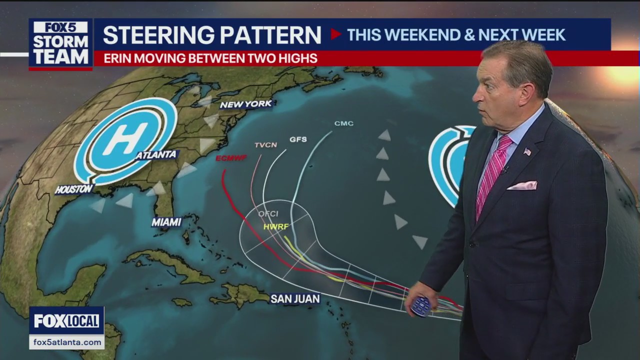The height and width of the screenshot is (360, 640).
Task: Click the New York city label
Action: pyautogui.click(x=246, y=104)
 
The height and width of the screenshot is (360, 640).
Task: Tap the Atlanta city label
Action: pyautogui.click(x=156, y=155)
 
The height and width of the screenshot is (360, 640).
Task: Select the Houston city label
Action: pyautogui.click(x=74, y=189)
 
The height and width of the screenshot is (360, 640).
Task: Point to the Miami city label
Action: pyautogui.click(x=166, y=222)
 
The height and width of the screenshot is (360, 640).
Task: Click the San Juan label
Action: pyautogui.click(x=295, y=299)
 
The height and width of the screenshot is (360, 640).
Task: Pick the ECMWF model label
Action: pyautogui.click(x=231, y=158)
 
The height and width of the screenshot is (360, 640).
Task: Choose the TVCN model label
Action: pyautogui.click(x=265, y=145)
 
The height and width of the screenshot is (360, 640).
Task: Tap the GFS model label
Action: pyautogui.click(x=298, y=139)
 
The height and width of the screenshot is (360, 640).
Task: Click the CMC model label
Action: pyautogui.click(x=344, y=123)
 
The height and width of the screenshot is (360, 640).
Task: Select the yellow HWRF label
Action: pyautogui.click(x=276, y=226)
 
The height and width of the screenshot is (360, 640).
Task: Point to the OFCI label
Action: pyautogui.click(x=268, y=214)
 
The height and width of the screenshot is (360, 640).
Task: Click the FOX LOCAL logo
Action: pyautogui.click(x=66, y=321)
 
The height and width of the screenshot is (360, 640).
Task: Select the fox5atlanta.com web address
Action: pyautogui.click(x=66, y=342)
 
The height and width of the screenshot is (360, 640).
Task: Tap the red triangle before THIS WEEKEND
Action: pyautogui.click(x=335, y=34)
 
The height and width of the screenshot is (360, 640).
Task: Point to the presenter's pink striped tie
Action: pyautogui.click(x=492, y=172)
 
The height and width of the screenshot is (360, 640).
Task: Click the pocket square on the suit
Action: pyautogui.click(x=522, y=185)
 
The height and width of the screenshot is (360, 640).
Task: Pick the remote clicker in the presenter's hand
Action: pyautogui.click(x=421, y=306)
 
